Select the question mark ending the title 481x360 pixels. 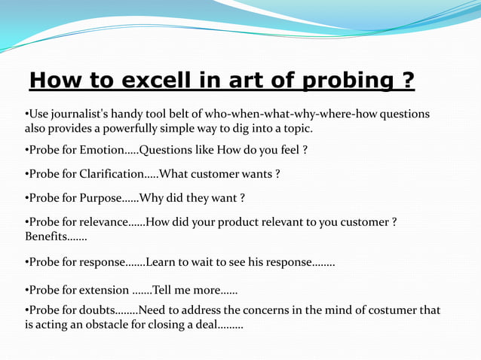pos(407,80)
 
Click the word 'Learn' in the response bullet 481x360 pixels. pos(161,262)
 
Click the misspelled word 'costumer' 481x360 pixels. pos(394,310)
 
